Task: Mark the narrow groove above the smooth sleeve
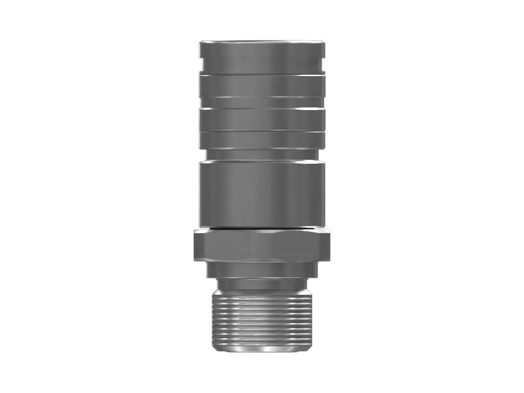click(262, 156)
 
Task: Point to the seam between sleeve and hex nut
click(262, 228)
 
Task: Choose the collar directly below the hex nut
click(262, 269)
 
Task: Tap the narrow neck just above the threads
click(262, 284)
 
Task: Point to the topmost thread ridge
click(262, 292)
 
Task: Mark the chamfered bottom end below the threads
click(262, 348)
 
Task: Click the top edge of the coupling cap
click(262, 42)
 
